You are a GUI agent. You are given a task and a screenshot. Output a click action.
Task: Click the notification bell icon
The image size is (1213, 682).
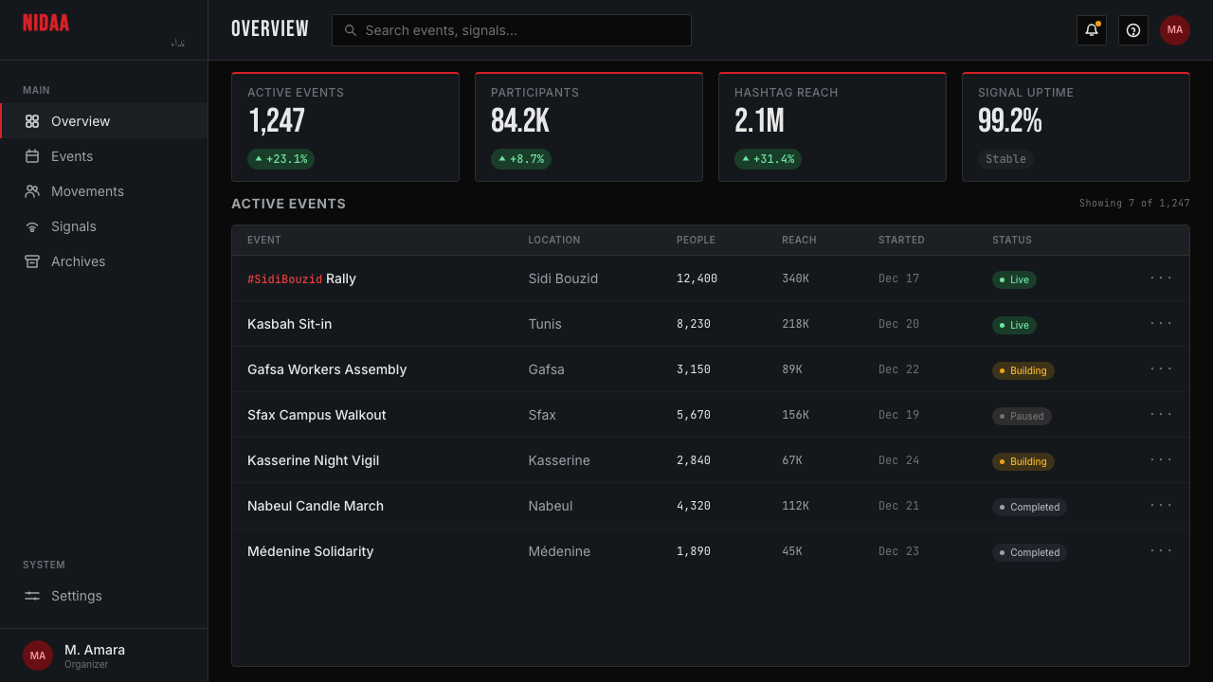[1091, 30]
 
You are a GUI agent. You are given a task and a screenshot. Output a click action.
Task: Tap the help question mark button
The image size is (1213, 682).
[1132, 30]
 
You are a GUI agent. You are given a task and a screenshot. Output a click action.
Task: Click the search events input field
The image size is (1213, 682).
[511, 30]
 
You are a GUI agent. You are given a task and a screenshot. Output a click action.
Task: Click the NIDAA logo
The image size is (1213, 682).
[46, 24]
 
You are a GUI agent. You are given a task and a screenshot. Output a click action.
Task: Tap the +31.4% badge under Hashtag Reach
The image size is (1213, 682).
[768, 159]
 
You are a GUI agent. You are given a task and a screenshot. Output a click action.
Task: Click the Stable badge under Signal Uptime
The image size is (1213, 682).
[1005, 159]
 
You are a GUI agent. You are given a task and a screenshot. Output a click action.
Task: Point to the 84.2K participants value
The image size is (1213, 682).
[520, 120]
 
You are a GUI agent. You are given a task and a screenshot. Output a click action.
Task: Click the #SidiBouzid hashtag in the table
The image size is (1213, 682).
[284, 279]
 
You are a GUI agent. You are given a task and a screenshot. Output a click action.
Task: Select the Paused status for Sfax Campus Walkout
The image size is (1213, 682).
[1022, 416]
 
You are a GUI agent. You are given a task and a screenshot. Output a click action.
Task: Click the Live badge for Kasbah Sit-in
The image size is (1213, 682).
[1014, 325]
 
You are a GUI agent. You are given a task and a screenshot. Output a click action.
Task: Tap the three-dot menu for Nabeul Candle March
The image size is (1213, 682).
[1161, 505]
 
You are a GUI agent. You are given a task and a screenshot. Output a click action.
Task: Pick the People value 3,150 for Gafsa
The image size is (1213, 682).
[693, 369]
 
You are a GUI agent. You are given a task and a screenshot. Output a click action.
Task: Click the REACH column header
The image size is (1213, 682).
[799, 240]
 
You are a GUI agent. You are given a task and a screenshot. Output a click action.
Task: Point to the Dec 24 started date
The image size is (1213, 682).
[898, 460]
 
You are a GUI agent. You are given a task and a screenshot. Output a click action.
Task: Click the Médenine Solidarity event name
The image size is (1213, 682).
[310, 551]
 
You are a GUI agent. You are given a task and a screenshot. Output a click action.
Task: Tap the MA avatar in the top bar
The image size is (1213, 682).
[1174, 30]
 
